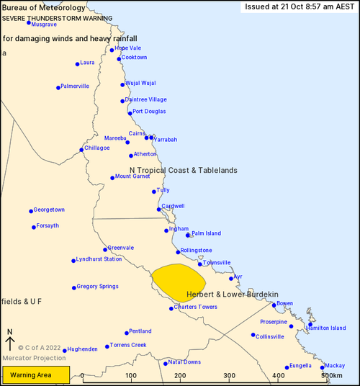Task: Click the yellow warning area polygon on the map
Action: click(176, 282)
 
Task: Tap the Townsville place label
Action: click(217, 263)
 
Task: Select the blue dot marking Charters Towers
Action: click(171, 308)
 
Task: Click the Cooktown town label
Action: click(134, 58)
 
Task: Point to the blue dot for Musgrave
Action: click(29, 22)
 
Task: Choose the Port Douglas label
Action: click(149, 112)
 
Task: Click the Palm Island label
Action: click(207, 233)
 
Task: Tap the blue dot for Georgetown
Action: click(31, 211)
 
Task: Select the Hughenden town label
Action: click(81, 349)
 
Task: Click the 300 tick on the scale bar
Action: click(229, 376)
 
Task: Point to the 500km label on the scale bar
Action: click(331, 376)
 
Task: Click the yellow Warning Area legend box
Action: click(35, 375)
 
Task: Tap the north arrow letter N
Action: click(9, 333)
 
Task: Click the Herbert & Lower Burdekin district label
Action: click(232, 295)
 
